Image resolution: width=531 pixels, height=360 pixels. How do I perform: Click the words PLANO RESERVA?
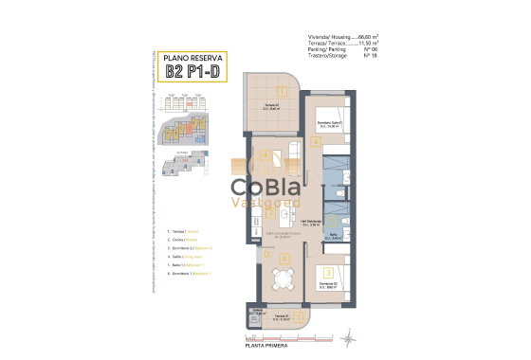pos(192,57)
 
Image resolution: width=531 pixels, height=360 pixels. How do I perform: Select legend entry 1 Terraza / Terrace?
pos(183,231)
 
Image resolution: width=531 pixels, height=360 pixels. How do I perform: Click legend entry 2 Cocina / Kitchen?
pos(183,240)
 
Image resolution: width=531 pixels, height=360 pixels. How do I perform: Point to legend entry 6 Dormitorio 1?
pos(188,272)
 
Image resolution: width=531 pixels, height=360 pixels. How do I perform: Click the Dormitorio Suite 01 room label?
pos(329,123)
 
